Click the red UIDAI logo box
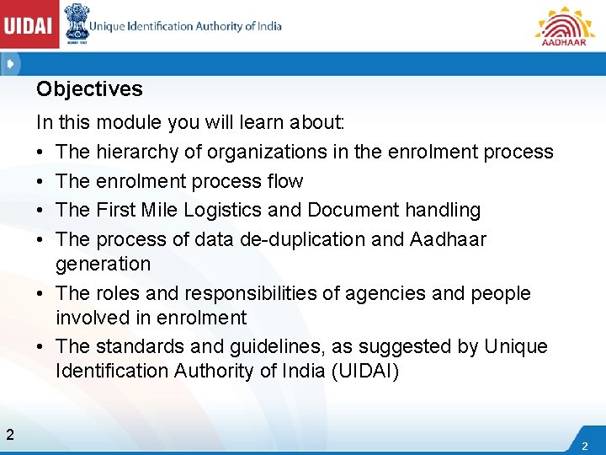[29, 26]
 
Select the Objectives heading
[89, 89]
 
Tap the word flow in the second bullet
[287, 181]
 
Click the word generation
[103, 265]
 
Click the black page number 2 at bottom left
[9, 435]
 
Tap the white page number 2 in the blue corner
[584, 444]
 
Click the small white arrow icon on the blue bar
[9, 63]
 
